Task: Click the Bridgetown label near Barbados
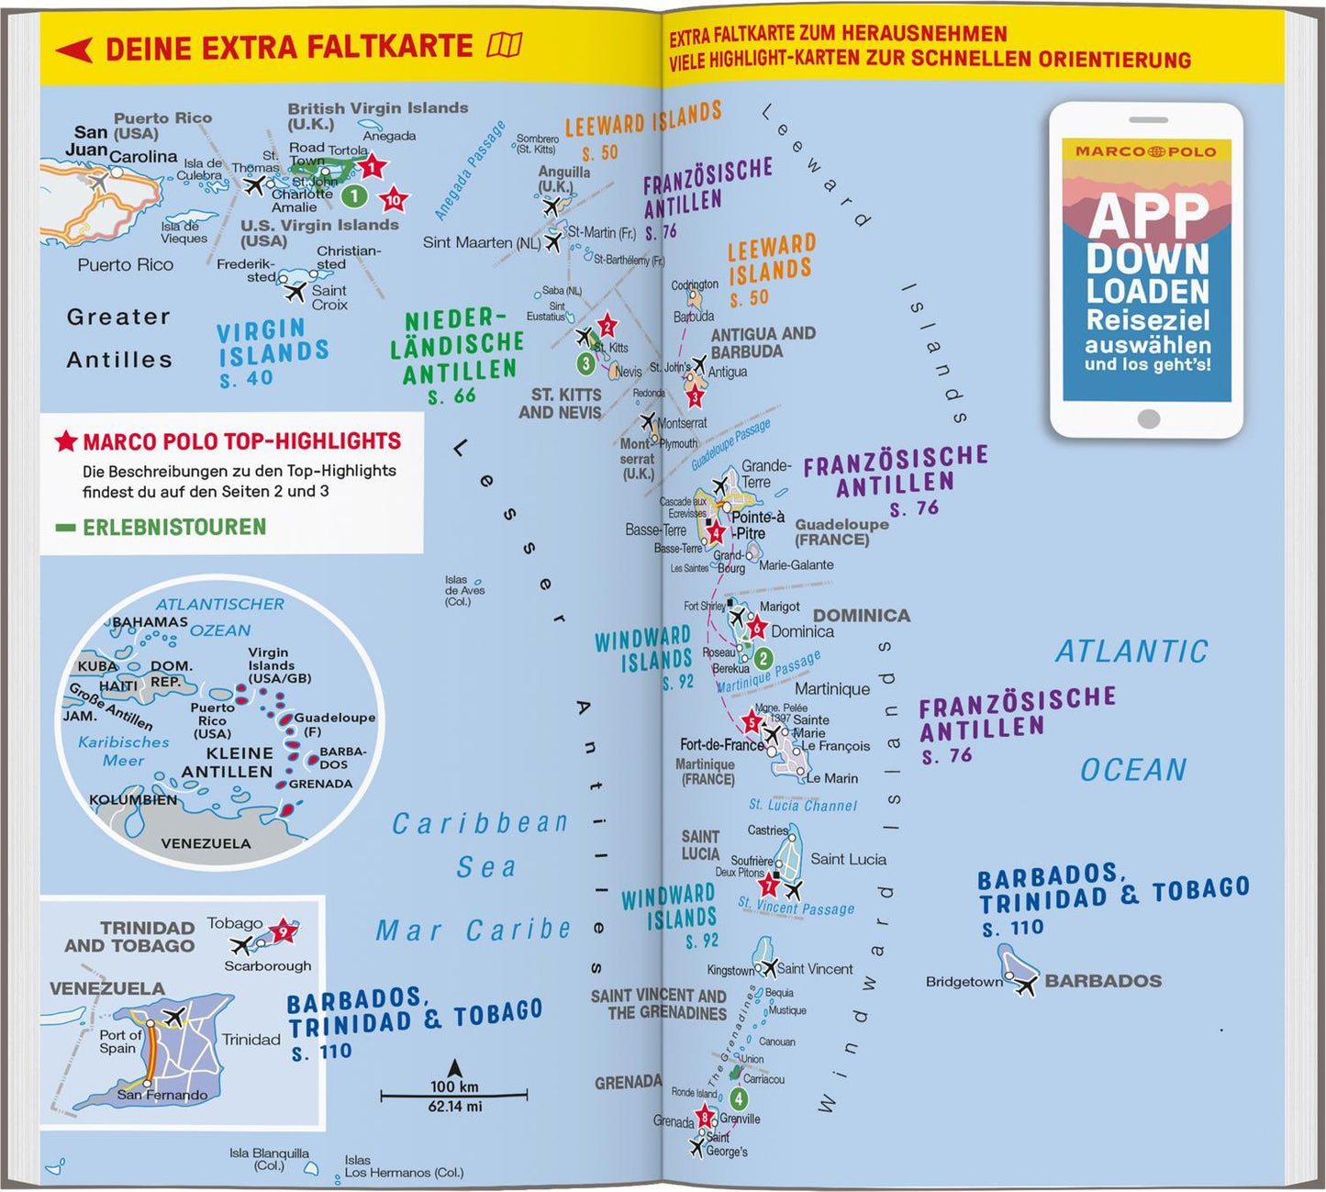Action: click(964, 982)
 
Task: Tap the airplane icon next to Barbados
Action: click(1025, 986)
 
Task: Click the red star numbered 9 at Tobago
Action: click(284, 931)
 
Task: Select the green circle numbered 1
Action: click(354, 195)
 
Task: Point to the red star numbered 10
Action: click(394, 199)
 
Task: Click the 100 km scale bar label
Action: click(454, 1086)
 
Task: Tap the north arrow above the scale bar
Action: click(454, 1067)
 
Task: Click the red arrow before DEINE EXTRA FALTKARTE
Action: click(74, 50)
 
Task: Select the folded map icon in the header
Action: click(505, 45)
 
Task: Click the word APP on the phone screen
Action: click(1149, 217)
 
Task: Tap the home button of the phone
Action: click(1148, 419)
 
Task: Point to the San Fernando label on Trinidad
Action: click(162, 1095)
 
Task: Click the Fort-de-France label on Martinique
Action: click(721, 745)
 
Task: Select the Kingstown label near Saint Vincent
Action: click(730, 970)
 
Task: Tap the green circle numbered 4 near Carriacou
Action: click(739, 1098)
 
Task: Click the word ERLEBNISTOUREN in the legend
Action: click(174, 528)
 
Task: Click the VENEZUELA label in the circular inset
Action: click(206, 843)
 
